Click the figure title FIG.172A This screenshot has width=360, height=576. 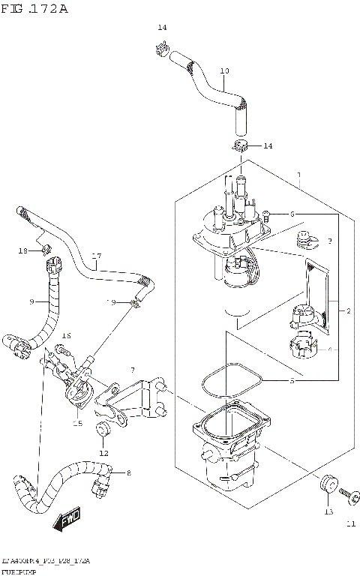coord(36,9)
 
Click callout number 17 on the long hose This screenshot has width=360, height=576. coord(96,256)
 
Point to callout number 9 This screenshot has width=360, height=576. coord(32,302)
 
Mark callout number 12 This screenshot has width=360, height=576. coord(103,453)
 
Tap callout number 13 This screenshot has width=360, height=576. coord(327,512)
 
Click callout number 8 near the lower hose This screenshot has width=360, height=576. coord(128,472)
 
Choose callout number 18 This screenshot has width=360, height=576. coord(23,250)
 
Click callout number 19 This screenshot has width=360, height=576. coord(111,302)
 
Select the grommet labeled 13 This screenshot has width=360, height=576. coord(326,487)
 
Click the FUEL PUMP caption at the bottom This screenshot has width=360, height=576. coord(23,571)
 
